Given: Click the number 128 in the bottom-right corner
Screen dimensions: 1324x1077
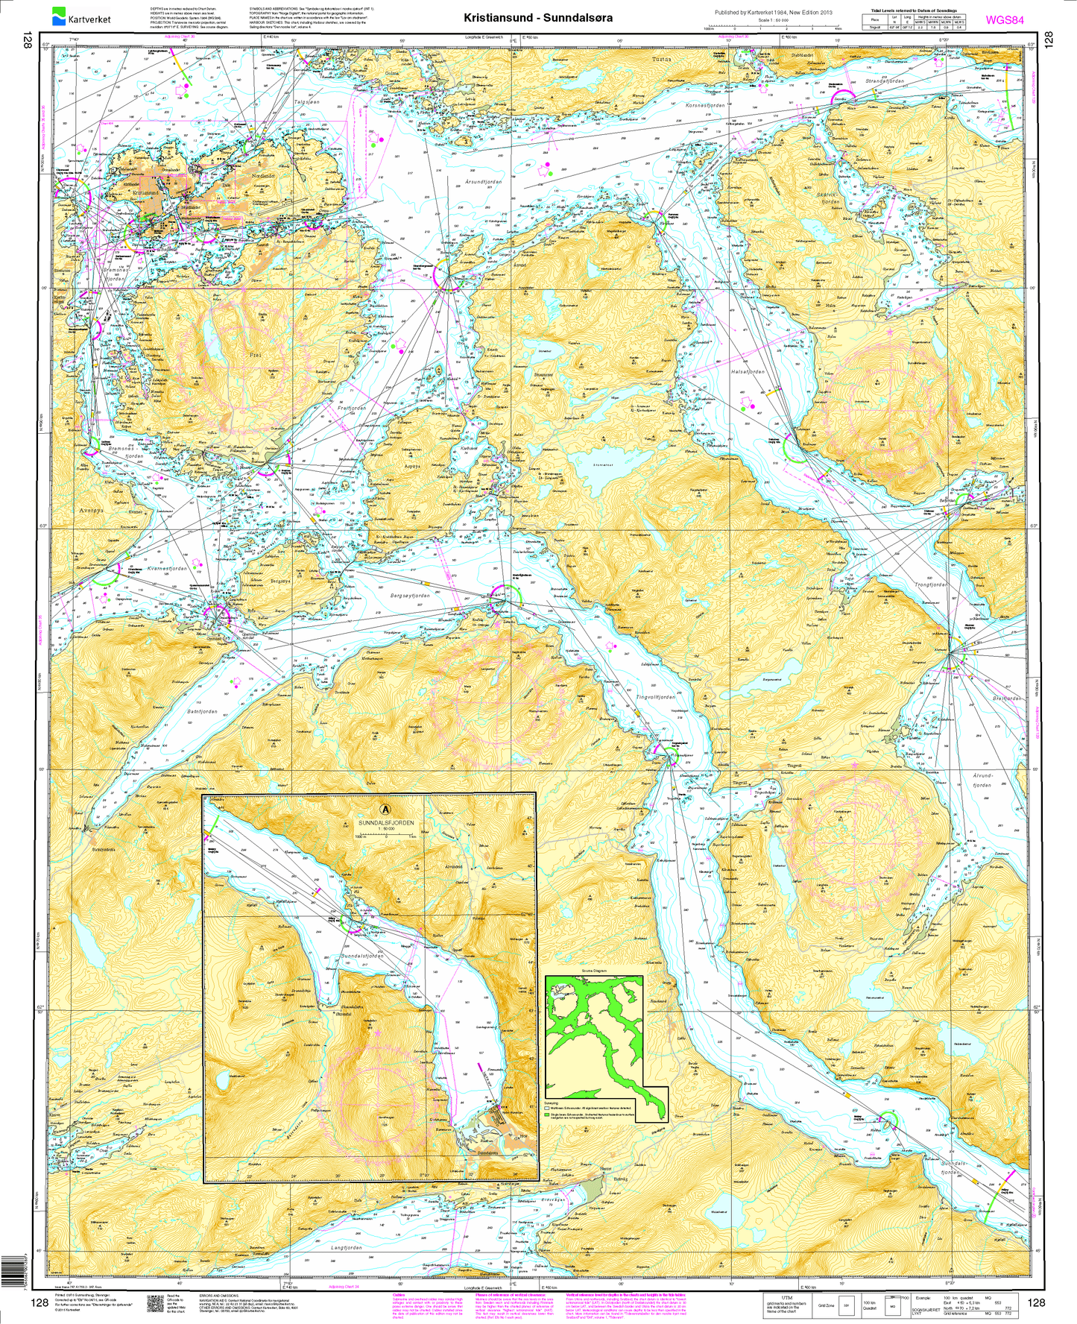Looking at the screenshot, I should click(x=1036, y=1302).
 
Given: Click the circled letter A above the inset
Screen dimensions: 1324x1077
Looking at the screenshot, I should click(x=385, y=808).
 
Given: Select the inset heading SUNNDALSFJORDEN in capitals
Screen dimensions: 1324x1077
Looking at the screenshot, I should click(x=385, y=823).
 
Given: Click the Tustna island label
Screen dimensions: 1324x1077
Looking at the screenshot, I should click(x=661, y=58).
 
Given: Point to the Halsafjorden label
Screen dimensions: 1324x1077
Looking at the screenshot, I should click(x=748, y=371).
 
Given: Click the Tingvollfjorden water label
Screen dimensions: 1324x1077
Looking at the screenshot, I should click(x=655, y=697).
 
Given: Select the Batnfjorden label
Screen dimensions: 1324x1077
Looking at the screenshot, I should click(x=202, y=711).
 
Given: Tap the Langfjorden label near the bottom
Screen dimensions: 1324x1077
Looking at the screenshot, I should click(x=347, y=1246).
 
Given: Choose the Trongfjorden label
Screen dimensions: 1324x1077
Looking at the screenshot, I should click(x=930, y=584).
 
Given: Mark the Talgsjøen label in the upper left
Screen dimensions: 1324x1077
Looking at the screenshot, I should click(x=306, y=102).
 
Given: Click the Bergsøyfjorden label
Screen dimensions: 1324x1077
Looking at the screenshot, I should click(x=410, y=596).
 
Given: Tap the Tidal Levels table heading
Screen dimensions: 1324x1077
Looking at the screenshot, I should click(x=917, y=10).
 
